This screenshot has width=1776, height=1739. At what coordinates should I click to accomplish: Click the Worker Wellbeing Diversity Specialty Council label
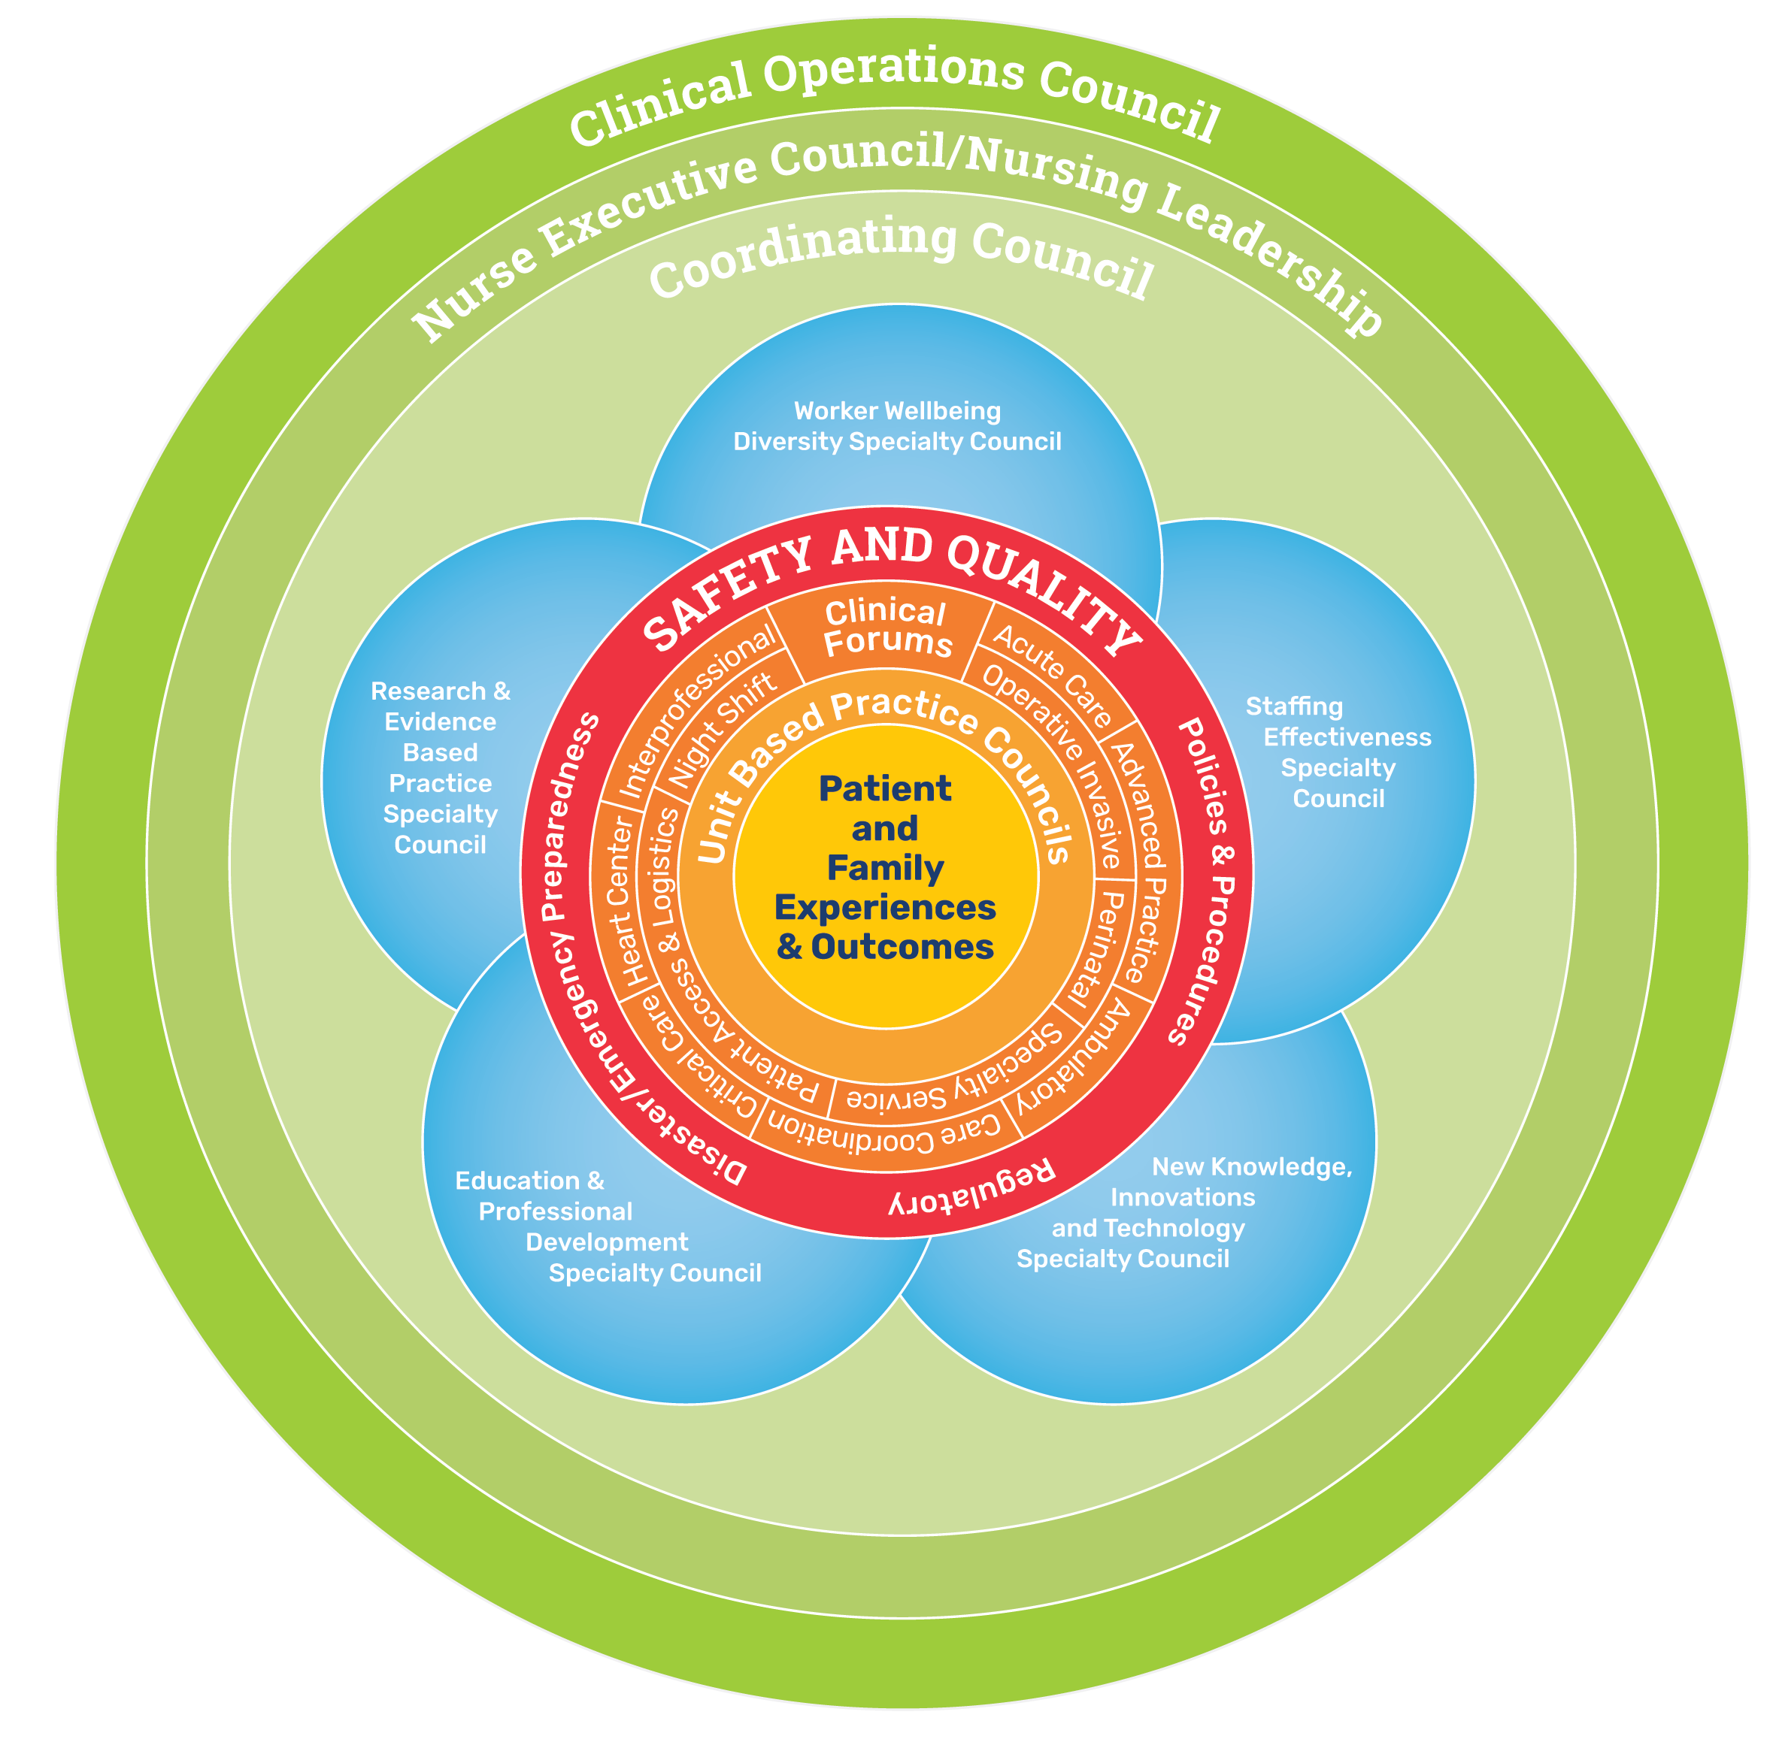897,427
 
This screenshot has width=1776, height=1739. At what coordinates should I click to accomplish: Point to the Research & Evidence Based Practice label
441,767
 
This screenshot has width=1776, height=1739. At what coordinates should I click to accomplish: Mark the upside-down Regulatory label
972,1187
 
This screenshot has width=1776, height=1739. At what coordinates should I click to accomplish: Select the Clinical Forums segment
887,628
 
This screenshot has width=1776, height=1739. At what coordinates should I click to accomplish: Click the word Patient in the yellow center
884,788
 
